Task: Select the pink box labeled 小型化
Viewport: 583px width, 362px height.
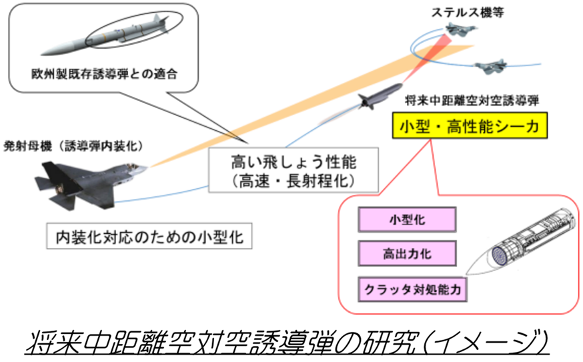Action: click(x=406, y=220)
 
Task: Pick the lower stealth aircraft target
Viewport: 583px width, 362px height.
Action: click(x=491, y=65)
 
